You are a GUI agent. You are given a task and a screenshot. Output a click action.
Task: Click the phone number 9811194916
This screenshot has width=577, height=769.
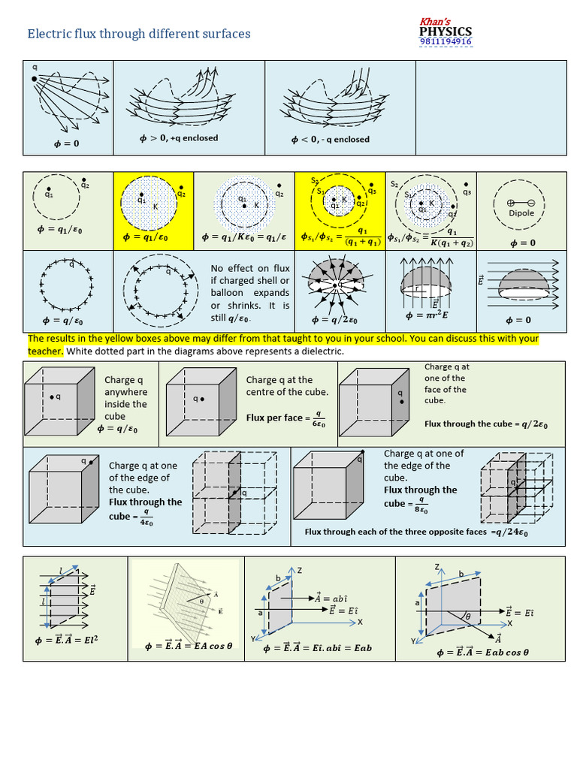(x=446, y=42)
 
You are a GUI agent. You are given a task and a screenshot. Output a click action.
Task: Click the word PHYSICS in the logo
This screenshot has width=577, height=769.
(x=446, y=31)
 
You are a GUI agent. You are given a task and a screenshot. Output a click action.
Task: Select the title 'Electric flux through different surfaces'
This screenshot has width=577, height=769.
(x=139, y=34)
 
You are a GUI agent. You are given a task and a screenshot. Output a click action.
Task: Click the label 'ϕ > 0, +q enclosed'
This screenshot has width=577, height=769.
(x=179, y=138)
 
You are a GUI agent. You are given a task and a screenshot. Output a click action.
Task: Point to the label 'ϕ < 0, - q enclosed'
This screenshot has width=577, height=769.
(x=331, y=140)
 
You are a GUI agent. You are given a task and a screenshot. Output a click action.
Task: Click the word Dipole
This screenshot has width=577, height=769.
(x=521, y=213)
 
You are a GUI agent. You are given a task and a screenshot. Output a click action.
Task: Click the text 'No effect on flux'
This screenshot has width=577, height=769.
(x=250, y=268)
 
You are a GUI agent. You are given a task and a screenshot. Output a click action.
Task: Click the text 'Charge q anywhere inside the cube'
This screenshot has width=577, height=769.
(x=125, y=398)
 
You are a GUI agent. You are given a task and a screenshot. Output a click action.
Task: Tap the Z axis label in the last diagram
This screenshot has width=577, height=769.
(x=437, y=565)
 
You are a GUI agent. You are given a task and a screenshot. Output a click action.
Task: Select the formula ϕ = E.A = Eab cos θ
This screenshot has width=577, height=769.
(x=482, y=652)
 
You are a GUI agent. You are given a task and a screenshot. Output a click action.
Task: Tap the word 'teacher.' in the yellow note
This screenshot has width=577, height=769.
(x=46, y=351)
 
